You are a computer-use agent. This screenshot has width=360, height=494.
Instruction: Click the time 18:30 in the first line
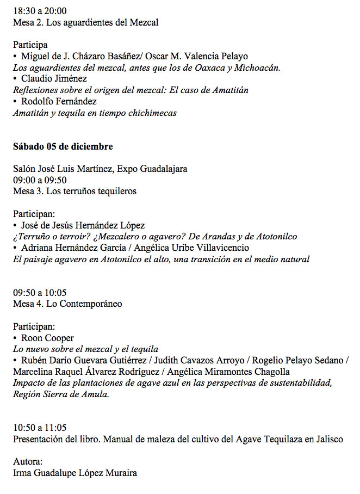24,10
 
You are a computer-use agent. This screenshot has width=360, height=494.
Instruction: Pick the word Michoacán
256,67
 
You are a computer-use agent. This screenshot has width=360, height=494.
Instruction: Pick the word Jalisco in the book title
329,439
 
